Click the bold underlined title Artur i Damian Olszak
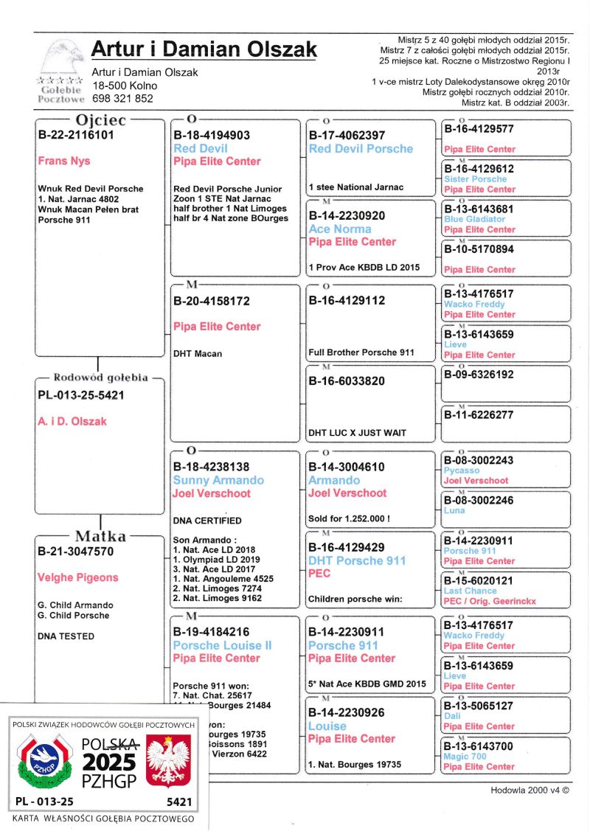point(204,50)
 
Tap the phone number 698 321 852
point(122,98)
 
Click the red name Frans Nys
point(63,161)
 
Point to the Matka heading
point(100,536)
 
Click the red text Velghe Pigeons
point(77,577)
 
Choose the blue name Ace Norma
point(341,229)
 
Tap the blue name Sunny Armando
point(218,480)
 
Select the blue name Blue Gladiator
point(474,219)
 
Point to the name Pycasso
point(462,470)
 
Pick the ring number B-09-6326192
point(478,375)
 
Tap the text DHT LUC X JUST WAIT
point(357,432)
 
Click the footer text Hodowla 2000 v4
point(530,790)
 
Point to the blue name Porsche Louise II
point(222,645)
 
